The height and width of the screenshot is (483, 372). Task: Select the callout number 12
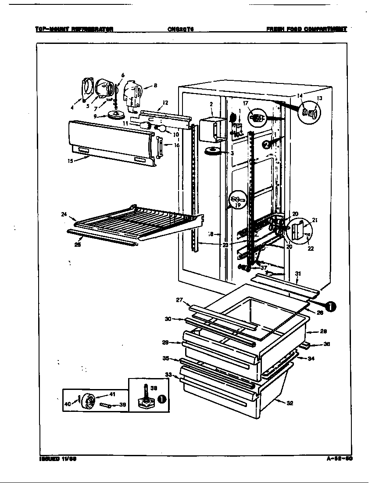(x=165, y=103)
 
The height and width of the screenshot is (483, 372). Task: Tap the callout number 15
(x=70, y=161)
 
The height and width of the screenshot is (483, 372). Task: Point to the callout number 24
(x=64, y=214)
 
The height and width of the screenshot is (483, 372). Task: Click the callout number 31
(x=298, y=274)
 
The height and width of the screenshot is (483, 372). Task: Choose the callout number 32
(x=290, y=403)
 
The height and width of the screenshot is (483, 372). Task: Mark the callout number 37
(x=264, y=268)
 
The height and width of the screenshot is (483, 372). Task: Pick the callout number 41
(x=112, y=394)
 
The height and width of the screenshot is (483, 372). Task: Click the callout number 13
(x=319, y=99)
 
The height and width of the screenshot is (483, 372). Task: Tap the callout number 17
(x=246, y=103)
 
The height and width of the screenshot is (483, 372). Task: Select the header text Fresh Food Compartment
(x=306, y=29)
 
